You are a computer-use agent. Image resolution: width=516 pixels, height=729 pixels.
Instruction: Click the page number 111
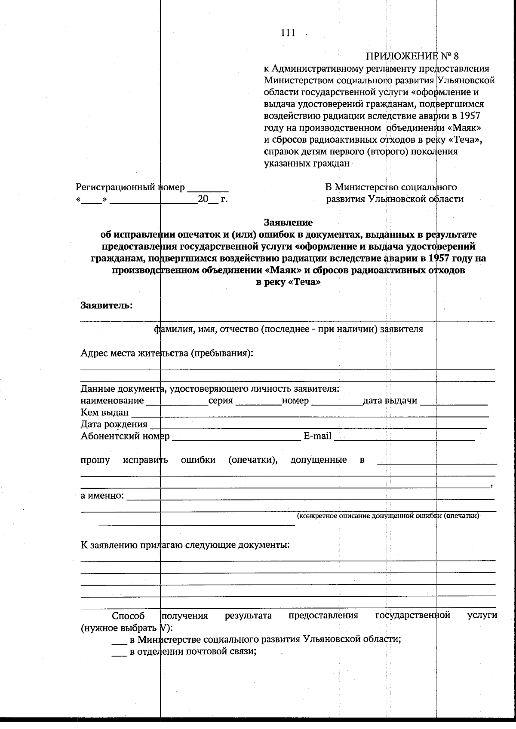pyautogui.click(x=288, y=33)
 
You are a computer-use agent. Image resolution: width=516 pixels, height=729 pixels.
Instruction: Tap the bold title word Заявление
pyautogui.click(x=288, y=223)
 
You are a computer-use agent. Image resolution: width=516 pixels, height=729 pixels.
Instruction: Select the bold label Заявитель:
pyautogui.click(x=107, y=305)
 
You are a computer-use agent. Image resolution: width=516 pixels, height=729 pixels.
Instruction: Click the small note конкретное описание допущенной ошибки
pyautogui.click(x=388, y=515)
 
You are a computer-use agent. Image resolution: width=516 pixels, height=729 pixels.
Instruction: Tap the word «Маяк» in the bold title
pyautogui.click(x=274, y=271)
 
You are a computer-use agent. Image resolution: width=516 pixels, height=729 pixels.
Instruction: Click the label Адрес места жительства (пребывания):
pyautogui.click(x=167, y=353)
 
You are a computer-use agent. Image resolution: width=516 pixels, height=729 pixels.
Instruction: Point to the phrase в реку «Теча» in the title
pyautogui.click(x=288, y=283)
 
